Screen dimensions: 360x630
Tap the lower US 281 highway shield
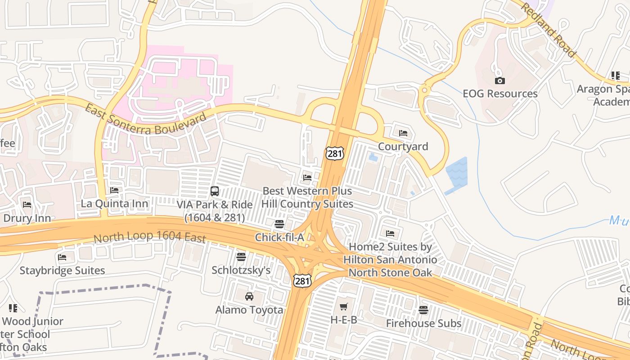302,280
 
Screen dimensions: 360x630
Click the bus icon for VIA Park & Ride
215,191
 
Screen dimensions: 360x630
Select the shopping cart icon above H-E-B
344,307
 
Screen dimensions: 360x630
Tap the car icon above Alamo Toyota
249,297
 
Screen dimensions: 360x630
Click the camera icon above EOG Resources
499,81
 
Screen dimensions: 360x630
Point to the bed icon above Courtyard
403,133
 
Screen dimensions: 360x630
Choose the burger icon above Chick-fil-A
279,224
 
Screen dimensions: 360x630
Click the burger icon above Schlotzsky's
241,257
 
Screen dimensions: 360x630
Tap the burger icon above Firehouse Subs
423,310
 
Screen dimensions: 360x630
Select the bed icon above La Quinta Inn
114,190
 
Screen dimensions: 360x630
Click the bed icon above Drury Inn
27,205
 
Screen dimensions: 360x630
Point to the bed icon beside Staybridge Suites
62,257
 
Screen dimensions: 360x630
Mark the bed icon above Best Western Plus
307,178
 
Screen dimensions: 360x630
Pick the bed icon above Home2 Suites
390,234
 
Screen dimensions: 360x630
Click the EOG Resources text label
500,94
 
